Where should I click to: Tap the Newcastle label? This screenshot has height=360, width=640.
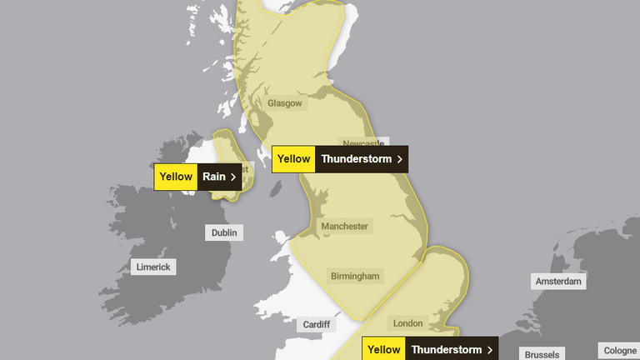point(362,142)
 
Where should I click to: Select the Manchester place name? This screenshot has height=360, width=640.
point(345,226)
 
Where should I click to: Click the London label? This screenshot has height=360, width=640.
point(407,323)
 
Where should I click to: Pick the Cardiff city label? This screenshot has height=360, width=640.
point(317,324)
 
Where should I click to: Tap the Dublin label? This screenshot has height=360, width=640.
point(224,233)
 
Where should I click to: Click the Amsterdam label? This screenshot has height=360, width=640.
point(558,282)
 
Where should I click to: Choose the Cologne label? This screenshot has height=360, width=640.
point(619,351)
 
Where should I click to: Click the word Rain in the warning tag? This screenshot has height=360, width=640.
point(214,177)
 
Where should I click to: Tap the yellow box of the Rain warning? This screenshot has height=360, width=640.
point(176,177)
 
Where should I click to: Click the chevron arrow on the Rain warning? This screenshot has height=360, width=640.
point(233,177)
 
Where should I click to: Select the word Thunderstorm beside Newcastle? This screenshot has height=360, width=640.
point(356,159)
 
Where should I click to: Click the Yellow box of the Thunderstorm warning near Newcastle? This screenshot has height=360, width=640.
point(293,159)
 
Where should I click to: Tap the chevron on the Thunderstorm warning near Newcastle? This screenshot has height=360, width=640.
point(400,159)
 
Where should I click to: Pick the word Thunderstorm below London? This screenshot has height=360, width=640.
point(446,350)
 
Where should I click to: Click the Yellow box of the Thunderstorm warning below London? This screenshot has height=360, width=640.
point(384,350)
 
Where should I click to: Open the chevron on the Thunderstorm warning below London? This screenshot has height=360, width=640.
point(490,350)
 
